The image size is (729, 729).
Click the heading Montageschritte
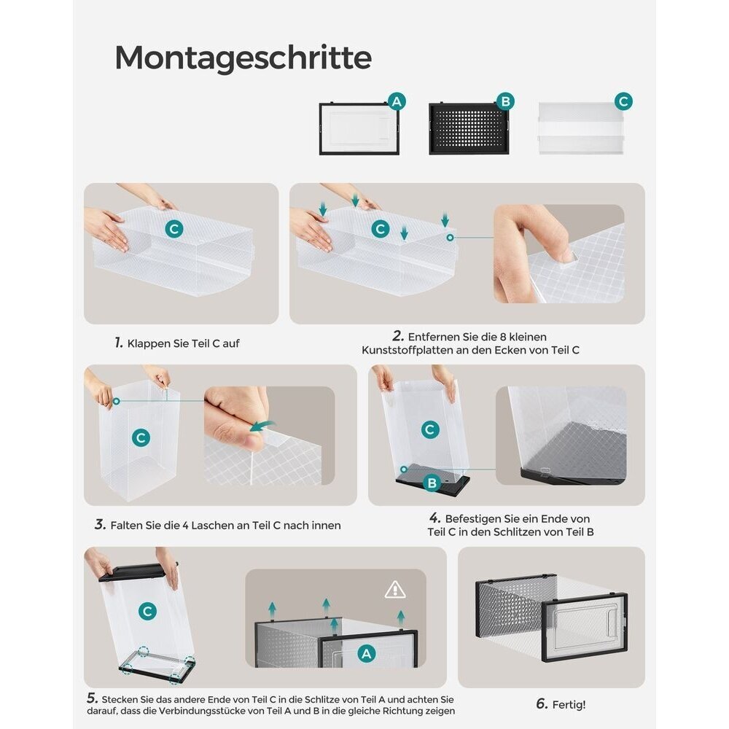243,58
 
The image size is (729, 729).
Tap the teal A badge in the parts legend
397,101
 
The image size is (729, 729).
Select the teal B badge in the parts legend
505,101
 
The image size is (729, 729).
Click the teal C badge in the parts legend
623,101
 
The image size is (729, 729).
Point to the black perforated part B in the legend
469,128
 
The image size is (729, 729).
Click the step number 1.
119,343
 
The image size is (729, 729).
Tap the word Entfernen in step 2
428,337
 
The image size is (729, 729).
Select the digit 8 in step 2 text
502,337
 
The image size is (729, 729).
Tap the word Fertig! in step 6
569,705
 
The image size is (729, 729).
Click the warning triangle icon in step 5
394,590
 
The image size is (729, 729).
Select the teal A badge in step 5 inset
367,653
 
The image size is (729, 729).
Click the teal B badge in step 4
432,483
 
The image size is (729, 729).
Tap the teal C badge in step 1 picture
174,229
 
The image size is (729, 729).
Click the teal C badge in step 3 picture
141,437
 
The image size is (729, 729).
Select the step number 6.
542,704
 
